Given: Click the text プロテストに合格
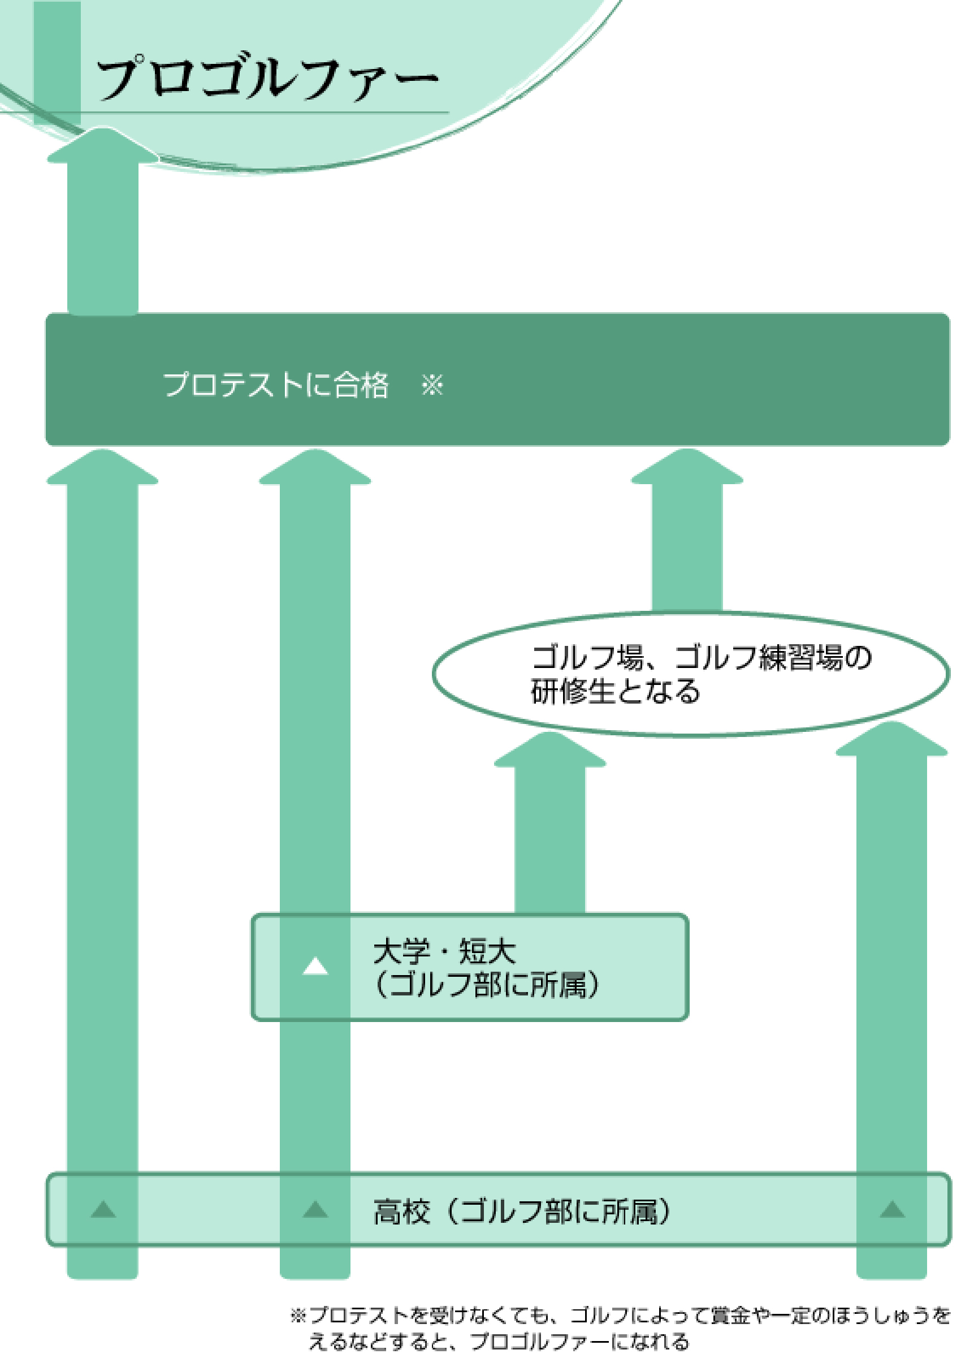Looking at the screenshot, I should [x=276, y=385].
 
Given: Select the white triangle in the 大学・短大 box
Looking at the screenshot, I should [x=315, y=966].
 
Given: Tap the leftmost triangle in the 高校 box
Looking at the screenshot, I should [x=103, y=1209].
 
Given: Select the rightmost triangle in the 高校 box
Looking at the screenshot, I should [x=893, y=1209].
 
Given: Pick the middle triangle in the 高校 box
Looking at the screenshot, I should [x=315, y=1209].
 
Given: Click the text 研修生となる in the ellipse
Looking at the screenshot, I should [x=616, y=691].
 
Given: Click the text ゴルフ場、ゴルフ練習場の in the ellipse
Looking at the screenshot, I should [x=701, y=657].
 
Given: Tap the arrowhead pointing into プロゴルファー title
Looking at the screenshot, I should [x=103, y=145].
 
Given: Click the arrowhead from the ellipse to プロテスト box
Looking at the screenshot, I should [x=687, y=468].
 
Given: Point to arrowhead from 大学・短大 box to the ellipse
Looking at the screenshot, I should [x=549, y=751].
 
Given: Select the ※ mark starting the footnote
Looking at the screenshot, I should [x=298, y=1316].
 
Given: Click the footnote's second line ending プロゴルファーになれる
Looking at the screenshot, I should [x=499, y=1342].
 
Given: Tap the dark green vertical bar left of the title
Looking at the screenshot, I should [x=57, y=62].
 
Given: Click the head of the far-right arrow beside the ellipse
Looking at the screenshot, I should [x=892, y=740].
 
